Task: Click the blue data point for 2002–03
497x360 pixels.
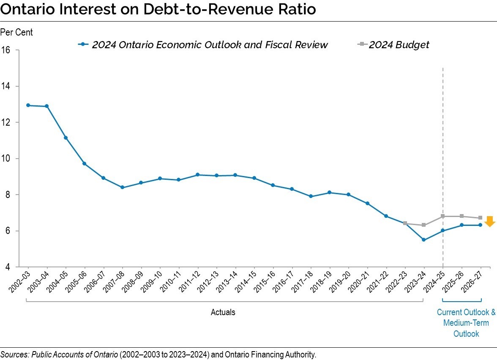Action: tap(28, 105)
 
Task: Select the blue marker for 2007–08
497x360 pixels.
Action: tap(122, 187)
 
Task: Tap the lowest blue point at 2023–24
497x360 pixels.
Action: tap(423, 240)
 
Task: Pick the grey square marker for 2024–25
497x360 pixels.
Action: tap(442, 216)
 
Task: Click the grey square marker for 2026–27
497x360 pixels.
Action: tap(480, 218)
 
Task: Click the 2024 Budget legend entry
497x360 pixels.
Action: tap(394, 44)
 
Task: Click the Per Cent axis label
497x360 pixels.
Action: tap(16, 32)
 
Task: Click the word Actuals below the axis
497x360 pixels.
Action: tap(223, 313)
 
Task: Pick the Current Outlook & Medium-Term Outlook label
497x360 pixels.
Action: tap(466, 323)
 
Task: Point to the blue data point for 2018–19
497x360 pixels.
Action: tap(330, 192)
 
